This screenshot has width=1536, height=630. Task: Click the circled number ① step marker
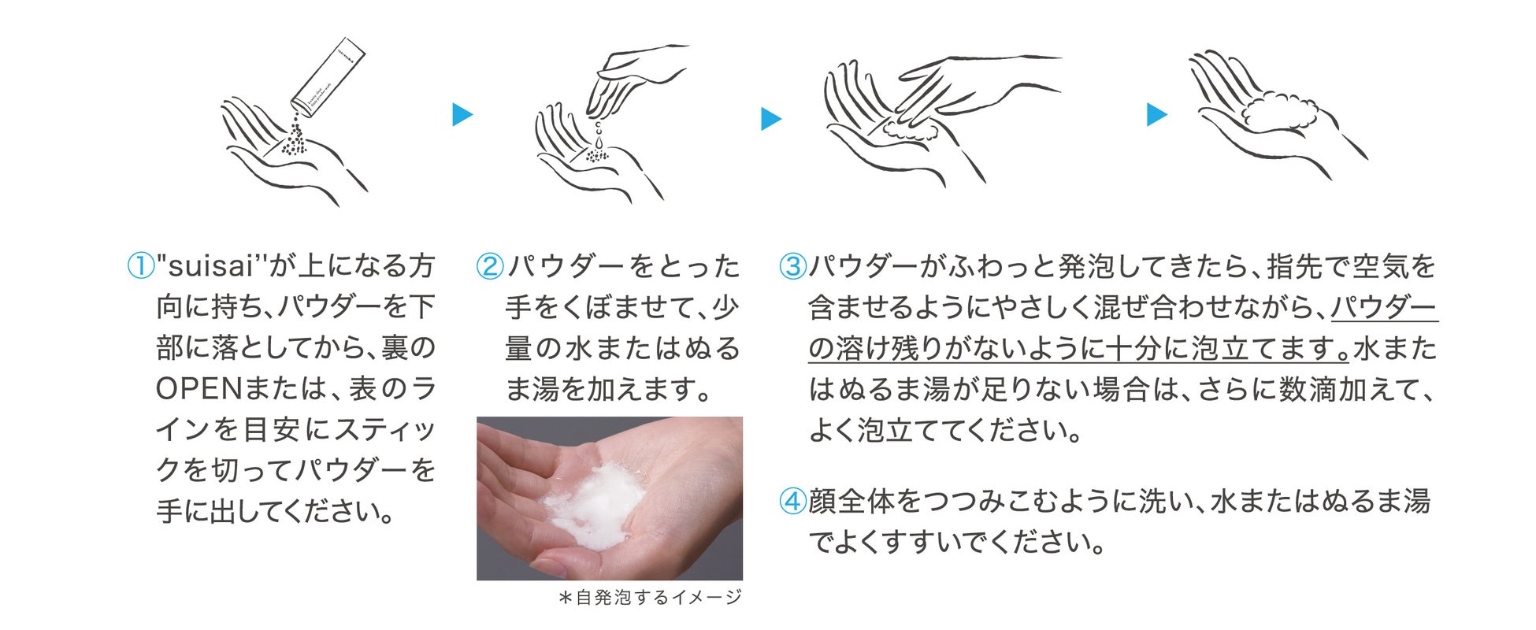click(140, 266)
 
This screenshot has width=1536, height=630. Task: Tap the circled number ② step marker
click(490, 266)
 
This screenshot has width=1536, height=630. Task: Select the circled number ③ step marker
click(792, 266)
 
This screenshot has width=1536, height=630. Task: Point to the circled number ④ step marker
click(792, 501)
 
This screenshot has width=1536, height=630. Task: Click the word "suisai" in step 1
click(211, 267)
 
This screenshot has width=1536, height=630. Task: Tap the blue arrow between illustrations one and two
click(462, 115)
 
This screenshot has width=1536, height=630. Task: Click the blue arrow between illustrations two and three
click(771, 119)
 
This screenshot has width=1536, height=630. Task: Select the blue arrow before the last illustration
click(1157, 114)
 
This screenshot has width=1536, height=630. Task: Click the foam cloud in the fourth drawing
click(1279, 111)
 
